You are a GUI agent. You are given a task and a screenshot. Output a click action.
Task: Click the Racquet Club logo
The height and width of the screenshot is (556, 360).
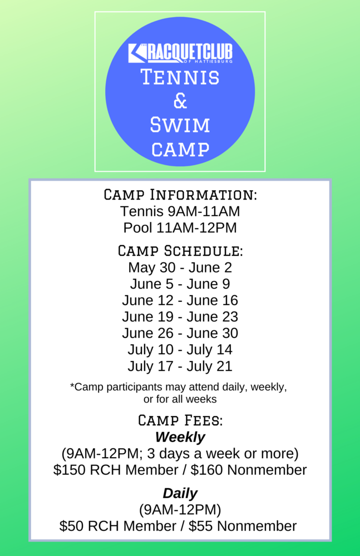tap(180, 53)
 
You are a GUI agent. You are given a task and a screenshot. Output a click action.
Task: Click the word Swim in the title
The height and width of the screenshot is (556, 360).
tap(180, 125)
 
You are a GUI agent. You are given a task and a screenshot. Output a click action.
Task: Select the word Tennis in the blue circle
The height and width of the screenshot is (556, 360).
tap(180, 77)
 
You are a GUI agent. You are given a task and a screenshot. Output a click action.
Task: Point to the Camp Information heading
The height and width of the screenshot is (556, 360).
tap(180, 195)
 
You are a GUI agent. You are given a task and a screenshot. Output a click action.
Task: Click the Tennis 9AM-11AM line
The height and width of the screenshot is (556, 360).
tap(180, 211)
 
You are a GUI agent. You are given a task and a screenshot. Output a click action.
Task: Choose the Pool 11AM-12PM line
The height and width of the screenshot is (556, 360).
tap(180, 227)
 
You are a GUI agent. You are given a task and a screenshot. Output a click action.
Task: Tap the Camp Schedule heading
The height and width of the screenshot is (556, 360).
tap(180, 251)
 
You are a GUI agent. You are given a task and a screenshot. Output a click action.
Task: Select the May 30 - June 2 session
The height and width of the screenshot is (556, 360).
tap(180, 267)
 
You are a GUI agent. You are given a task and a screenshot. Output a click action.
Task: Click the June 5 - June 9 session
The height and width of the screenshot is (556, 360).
tap(180, 284)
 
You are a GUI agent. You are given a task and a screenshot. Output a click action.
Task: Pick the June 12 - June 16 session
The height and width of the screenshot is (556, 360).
tap(180, 300)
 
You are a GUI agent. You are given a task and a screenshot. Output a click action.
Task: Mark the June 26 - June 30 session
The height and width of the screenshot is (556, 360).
tap(180, 333)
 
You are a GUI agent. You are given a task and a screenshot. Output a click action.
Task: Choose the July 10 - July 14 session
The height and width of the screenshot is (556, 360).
tap(180, 350)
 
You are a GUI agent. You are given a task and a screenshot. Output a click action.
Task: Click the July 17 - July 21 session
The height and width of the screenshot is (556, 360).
tap(180, 366)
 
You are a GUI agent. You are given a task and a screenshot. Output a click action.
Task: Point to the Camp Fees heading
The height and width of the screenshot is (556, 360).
tap(180, 420)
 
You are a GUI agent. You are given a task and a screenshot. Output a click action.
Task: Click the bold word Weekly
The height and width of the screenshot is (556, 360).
tap(180, 437)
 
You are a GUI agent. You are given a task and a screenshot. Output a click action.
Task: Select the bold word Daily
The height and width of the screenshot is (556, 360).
tap(180, 493)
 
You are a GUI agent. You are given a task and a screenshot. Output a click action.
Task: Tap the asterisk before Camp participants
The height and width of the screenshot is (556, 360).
tap(72, 385)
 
